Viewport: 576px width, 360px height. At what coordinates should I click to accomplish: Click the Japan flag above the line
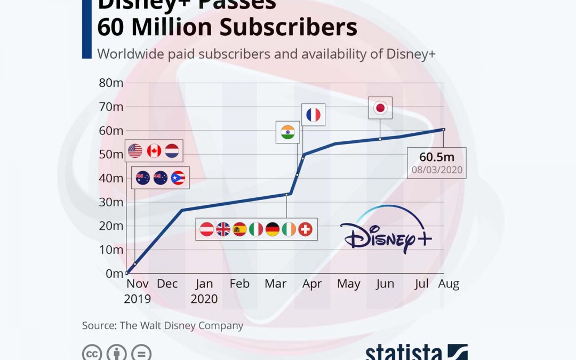point(380,108)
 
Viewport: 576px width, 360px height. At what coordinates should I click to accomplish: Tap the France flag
point(313,115)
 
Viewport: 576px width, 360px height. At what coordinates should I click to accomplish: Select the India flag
point(287,132)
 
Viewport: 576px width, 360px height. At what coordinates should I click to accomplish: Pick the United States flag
point(135,151)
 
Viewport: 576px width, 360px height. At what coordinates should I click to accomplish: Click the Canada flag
point(154,151)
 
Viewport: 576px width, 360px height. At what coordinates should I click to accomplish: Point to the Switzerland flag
point(306,229)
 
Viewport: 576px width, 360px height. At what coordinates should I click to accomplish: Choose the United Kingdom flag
point(223,229)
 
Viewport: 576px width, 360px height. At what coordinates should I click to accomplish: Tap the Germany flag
point(273,229)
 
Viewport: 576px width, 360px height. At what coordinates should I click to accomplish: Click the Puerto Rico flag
point(178,178)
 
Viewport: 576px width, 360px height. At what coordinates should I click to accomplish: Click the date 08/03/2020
point(436,171)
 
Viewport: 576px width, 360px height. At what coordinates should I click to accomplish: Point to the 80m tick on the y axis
point(111,83)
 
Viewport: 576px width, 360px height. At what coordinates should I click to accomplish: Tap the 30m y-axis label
point(111,202)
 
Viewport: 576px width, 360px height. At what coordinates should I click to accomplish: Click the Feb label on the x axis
point(239,284)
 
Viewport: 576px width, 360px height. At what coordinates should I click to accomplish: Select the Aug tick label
point(449,284)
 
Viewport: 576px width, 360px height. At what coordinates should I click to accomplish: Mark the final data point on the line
point(443,129)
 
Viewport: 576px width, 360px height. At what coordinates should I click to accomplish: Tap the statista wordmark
point(404,353)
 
